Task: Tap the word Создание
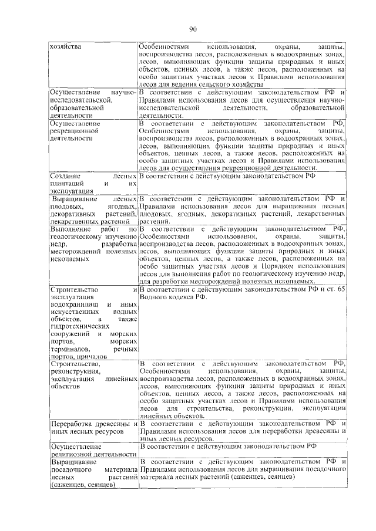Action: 66,176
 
